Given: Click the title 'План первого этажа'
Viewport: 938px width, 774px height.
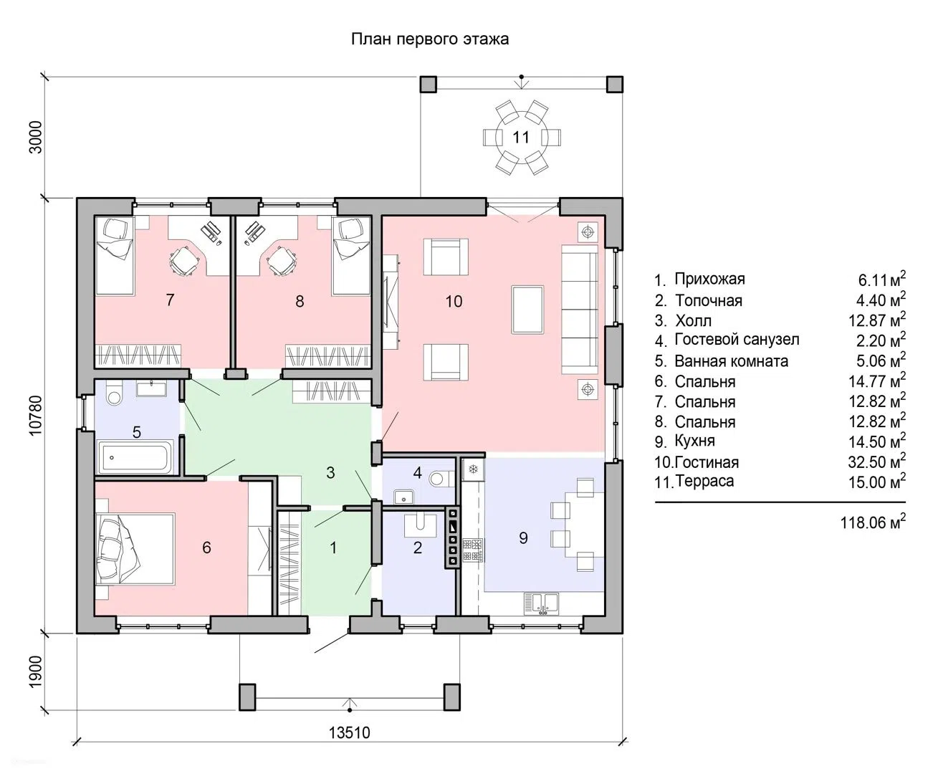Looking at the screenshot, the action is pos(430,39).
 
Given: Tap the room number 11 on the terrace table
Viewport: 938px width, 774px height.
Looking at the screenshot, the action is pos(521,137).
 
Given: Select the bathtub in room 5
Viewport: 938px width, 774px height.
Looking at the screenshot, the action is pos(135,457).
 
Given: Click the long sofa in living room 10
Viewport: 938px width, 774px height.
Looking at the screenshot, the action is pos(580,309).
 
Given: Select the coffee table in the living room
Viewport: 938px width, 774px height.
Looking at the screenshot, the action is pos(527,310).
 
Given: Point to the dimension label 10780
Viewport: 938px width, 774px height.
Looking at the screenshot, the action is pos(36,415).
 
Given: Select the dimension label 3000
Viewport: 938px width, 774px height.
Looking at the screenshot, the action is pos(36,138).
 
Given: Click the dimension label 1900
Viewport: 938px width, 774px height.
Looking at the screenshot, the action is pos(36,672).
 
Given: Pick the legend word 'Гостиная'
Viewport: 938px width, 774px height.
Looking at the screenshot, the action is pos(707,462).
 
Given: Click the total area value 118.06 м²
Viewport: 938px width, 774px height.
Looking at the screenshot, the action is pos(873,522).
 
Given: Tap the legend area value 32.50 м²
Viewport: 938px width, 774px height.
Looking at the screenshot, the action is pos(877,462).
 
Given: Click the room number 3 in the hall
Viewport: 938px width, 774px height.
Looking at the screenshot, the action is pos(330,472).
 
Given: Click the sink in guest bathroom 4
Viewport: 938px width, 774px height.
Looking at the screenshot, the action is pos(404,497).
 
